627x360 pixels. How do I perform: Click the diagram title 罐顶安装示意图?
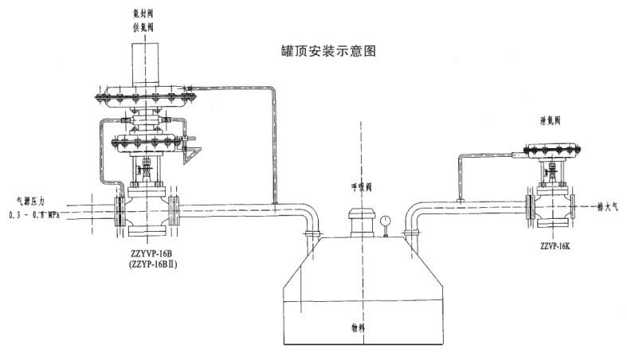click(323, 50)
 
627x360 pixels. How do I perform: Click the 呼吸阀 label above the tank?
click(362, 189)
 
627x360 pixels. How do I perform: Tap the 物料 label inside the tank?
click(362, 327)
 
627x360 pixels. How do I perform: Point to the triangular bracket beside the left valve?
click(191, 155)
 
